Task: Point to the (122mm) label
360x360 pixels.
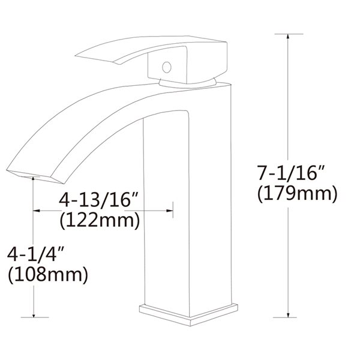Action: (100, 220)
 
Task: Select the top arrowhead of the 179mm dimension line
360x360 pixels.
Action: (289, 37)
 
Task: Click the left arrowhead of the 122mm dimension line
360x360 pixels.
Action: (35, 210)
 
